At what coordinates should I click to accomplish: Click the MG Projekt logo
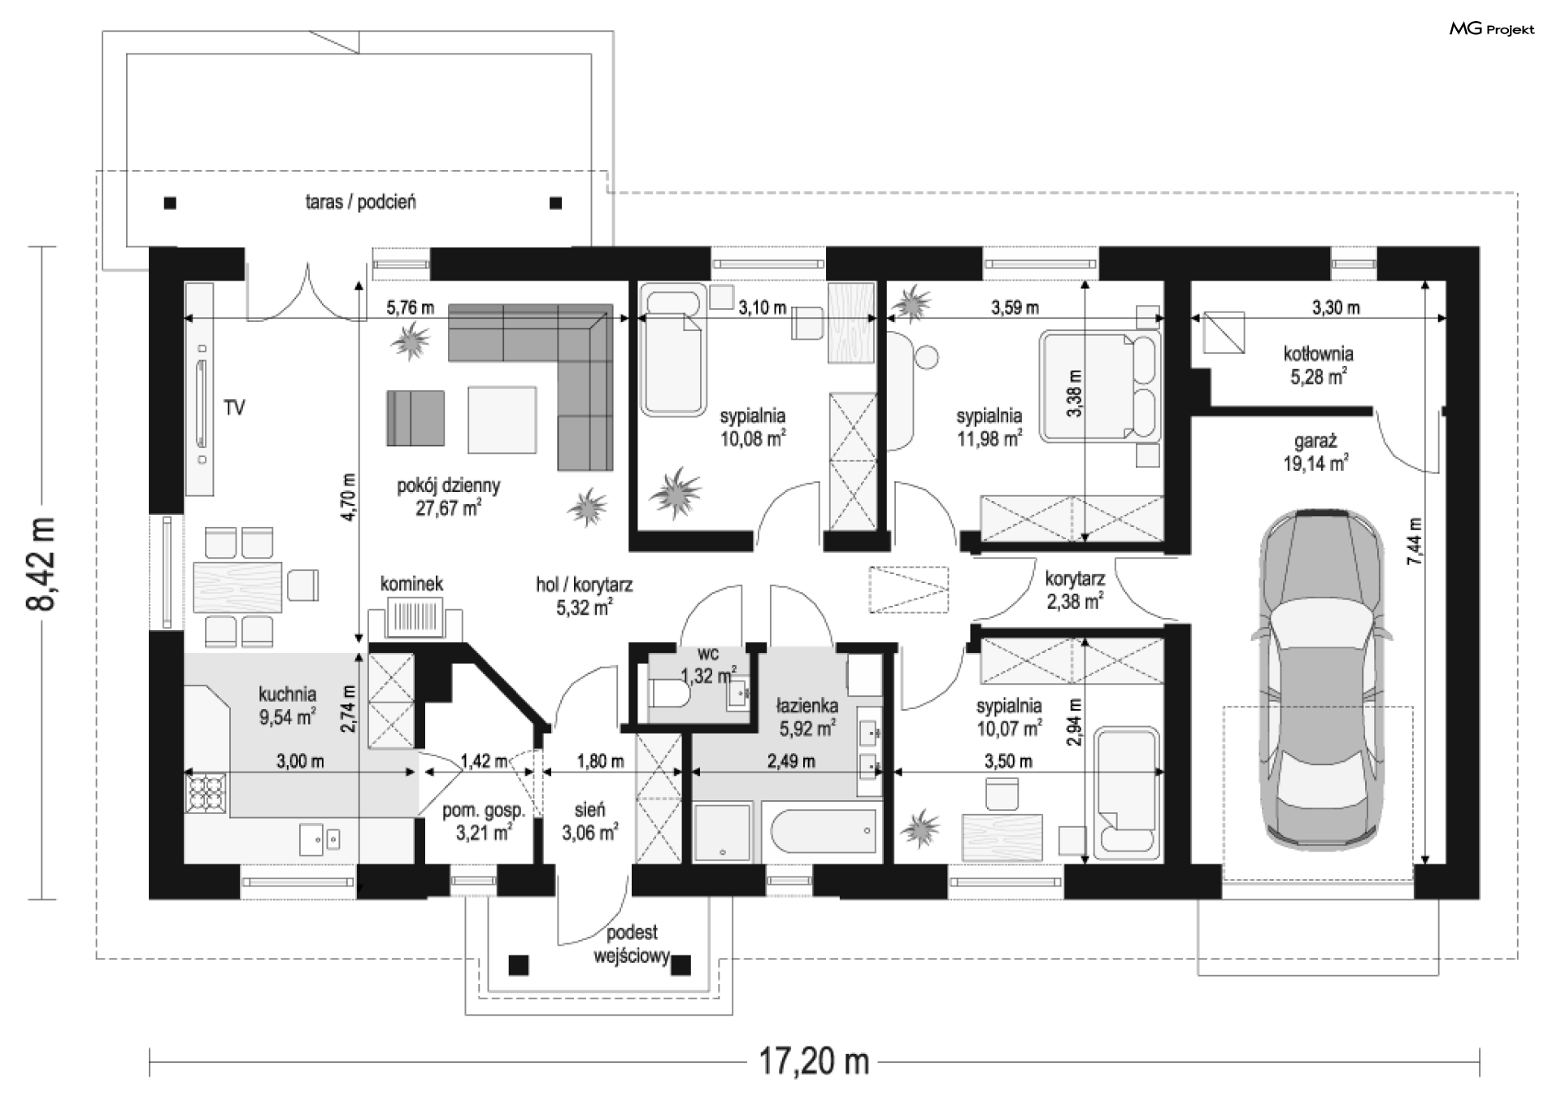click(1492, 30)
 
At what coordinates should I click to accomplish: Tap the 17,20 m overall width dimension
click(814, 1061)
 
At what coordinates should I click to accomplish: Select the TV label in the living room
click(234, 407)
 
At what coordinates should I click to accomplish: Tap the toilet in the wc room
click(671, 695)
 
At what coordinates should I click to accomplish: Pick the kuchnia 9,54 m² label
click(287, 705)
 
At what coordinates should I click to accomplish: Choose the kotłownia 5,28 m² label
click(1318, 365)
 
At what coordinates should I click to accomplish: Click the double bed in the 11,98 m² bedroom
click(1099, 386)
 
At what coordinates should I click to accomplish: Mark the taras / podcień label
click(361, 202)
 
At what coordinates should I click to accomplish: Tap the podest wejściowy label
click(632, 944)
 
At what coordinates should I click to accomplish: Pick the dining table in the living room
click(237, 586)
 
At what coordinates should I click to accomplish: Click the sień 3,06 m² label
click(589, 821)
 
